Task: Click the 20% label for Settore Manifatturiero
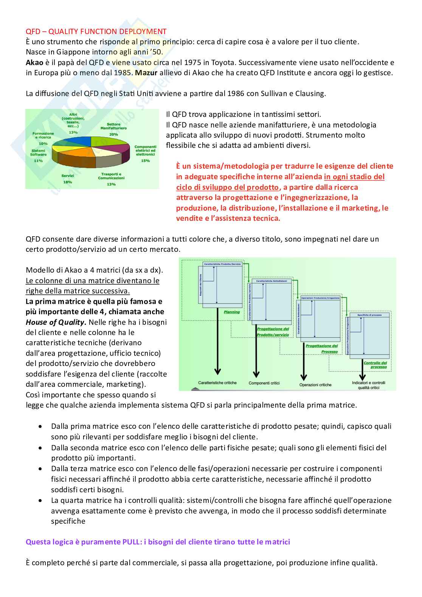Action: pyautogui.click(x=113, y=134)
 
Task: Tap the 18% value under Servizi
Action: pyautogui.click(x=67, y=182)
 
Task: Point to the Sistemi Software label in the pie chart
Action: pyautogui.click(x=38, y=152)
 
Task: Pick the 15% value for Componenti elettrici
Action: pyautogui.click(x=145, y=161)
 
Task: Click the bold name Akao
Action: pyautogui.click(x=34, y=62)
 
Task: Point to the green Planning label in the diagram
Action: pyautogui.click(x=232, y=312)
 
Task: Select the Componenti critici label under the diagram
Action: pyautogui.click(x=264, y=383)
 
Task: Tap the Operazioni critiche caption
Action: pyautogui.click(x=315, y=385)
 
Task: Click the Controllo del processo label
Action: pyautogui.click(x=375, y=365)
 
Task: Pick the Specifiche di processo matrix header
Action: pyautogui.click(x=369, y=315)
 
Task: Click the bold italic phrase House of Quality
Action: pyautogui.click(x=55, y=322)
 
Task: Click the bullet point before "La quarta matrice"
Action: pyautogui.click(x=40, y=500)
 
